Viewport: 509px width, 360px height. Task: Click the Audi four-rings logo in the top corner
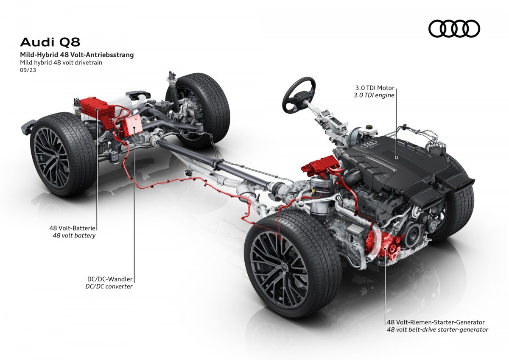(x=454, y=28)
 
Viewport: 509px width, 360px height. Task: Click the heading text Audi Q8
(x=50, y=42)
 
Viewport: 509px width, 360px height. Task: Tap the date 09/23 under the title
(x=28, y=70)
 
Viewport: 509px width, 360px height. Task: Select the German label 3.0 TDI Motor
(x=375, y=88)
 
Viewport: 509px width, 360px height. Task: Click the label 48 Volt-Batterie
(x=72, y=228)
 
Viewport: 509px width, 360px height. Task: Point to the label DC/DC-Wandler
(x=110, y=279)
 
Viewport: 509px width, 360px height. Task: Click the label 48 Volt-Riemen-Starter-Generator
(x=436, y=322)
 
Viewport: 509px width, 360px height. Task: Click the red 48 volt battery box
(x=95, y=109)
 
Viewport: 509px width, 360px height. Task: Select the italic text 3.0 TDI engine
(x=374, y=95)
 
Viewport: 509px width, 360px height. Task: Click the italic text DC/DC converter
(x=109, y=286)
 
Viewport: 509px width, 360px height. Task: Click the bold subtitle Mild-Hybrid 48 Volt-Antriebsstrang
(x=77, y=55)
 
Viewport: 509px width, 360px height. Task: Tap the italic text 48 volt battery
(x=74, y=235)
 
